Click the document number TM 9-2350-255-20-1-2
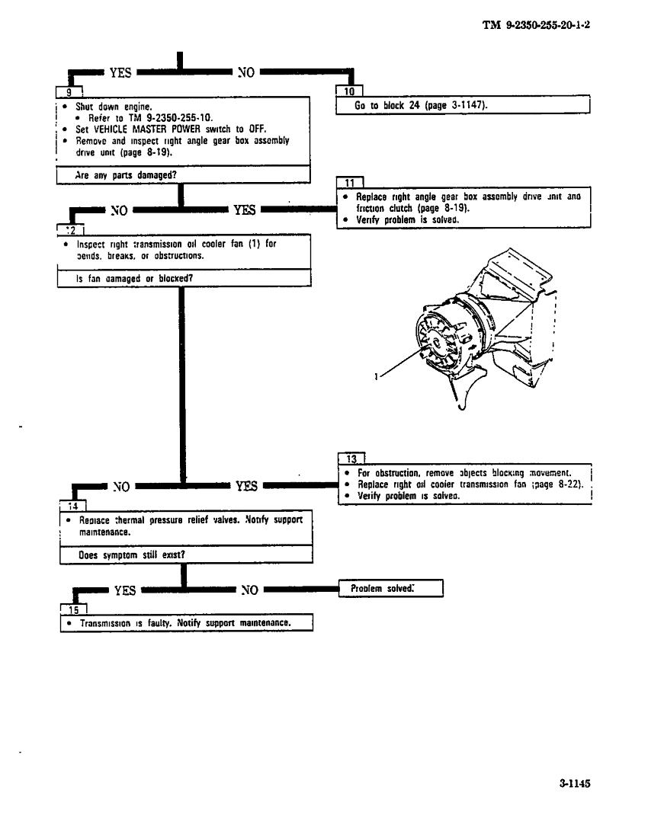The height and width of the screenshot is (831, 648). click(537, 25)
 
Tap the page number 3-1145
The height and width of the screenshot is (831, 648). click(575, 782)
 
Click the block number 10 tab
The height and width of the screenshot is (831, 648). click(349, 91)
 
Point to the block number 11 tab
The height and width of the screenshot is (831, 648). click(349, 183)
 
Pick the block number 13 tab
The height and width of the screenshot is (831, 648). click(351, 459)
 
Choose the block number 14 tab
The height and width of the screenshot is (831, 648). click(72, 506)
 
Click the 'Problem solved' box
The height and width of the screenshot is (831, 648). click(390, 589)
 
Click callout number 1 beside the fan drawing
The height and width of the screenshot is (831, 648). click(377, 375)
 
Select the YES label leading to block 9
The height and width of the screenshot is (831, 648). click(120, 73)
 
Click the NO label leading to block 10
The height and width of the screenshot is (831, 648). click(246, 73)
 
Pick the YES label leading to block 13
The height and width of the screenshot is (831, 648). click(246, 485)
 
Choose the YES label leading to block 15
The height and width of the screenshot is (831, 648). click(125, 590)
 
